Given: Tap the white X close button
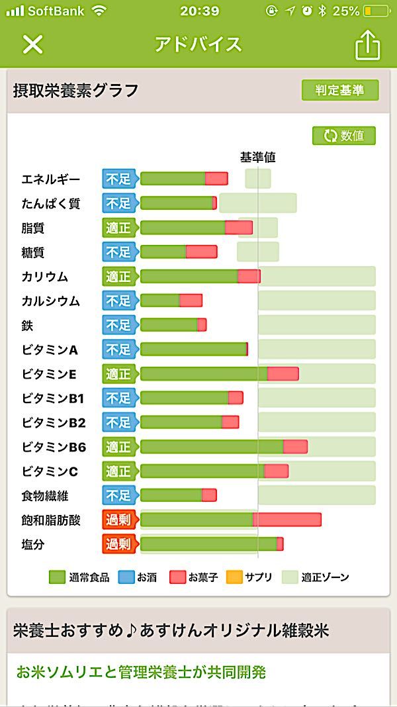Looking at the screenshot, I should (x=32, y=44).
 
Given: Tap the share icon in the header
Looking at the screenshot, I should (x=368, y=45).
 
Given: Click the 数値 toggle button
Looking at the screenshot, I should (x=344, y=136).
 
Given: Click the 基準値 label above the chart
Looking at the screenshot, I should (x=257, y=158).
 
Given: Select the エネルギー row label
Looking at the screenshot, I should (x=51, y=179).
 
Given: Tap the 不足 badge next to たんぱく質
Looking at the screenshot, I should (x=118, y=203).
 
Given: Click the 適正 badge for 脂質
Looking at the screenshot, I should (x=118, y=228).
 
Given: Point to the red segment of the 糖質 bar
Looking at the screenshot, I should (x=201, y=252).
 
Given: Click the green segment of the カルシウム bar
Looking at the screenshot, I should (x=160, y=301).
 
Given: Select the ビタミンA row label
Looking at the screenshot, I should (x=50, y=350).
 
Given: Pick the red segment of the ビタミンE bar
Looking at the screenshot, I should (x=283, y=374).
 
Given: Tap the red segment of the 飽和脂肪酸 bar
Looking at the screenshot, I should (x=287, y=520).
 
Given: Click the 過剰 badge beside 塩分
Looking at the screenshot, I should (x=118, y=544).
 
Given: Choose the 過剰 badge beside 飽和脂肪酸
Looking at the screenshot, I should (x=118, y=520).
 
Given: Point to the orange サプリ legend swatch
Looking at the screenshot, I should (x=234, y=577).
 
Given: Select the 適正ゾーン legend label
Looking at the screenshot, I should (x=325, y=577).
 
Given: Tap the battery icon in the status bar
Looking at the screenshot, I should (x=376, y=11).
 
